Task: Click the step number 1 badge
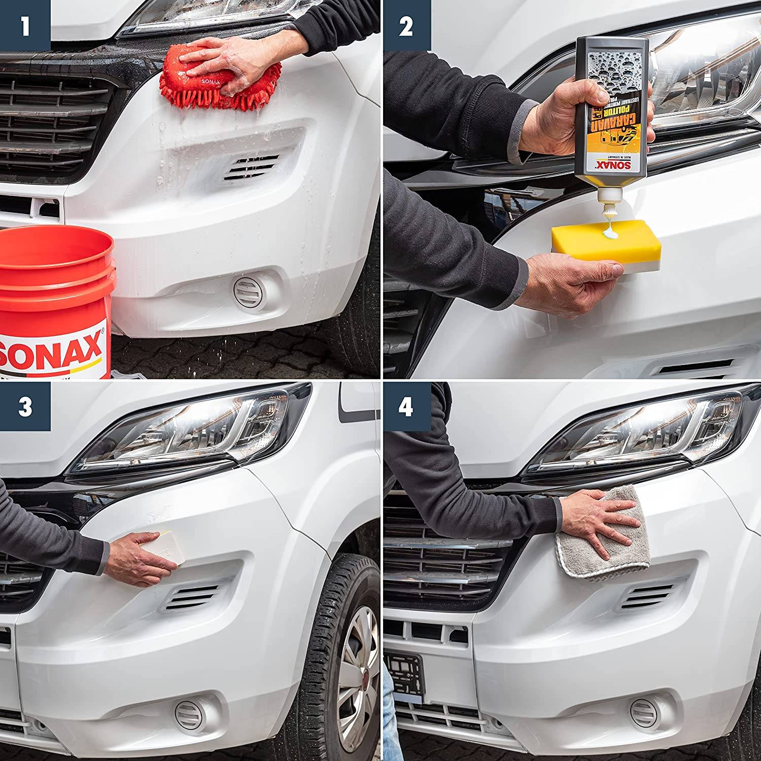coord(25,26)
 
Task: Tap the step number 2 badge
coord(406,26)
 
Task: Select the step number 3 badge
coord(25,406)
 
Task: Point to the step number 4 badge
coord(406,406)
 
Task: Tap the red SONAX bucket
coord(56,299)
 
